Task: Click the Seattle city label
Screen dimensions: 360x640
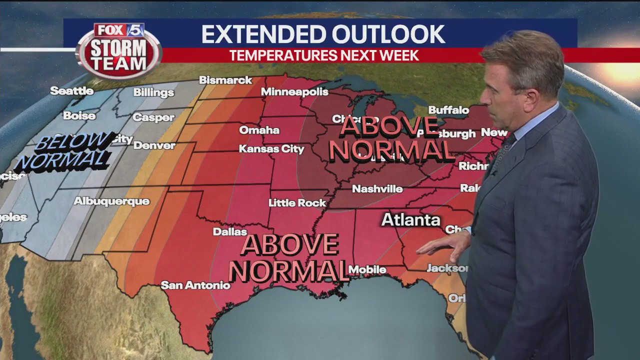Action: tap(72, 91)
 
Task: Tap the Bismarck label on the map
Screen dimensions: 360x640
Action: tap(225, 80)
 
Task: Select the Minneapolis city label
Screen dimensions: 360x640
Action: tap(294, 92)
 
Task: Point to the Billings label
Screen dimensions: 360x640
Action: tap(153, 92)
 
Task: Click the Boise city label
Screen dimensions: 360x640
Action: tap(79, 116)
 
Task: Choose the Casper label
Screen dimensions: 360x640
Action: tap(153, 118)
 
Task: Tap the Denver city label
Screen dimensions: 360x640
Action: tap(154, 146)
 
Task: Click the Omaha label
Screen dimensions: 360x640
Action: tap(259, 130)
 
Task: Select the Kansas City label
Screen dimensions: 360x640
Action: tap(271, 149)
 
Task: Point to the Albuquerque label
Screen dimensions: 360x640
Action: tap(111, 201)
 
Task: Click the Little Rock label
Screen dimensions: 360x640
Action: tap(297, 203)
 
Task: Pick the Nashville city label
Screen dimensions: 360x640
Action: tap(377, 189)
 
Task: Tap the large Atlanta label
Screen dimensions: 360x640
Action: tap(410, 220)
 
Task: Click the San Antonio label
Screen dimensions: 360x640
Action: tap(195, 285)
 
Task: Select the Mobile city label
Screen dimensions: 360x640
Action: tap(367, 270)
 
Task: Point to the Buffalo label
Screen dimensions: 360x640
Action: tap(448, 110)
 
